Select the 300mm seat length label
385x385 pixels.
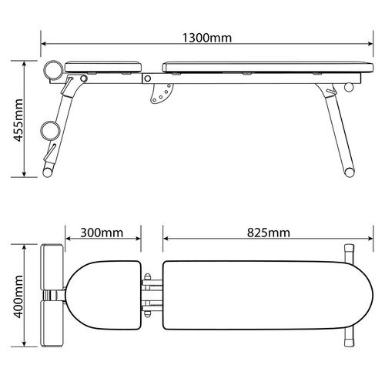[x=104, y=232]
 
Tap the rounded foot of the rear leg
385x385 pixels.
[x=349, y=172]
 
